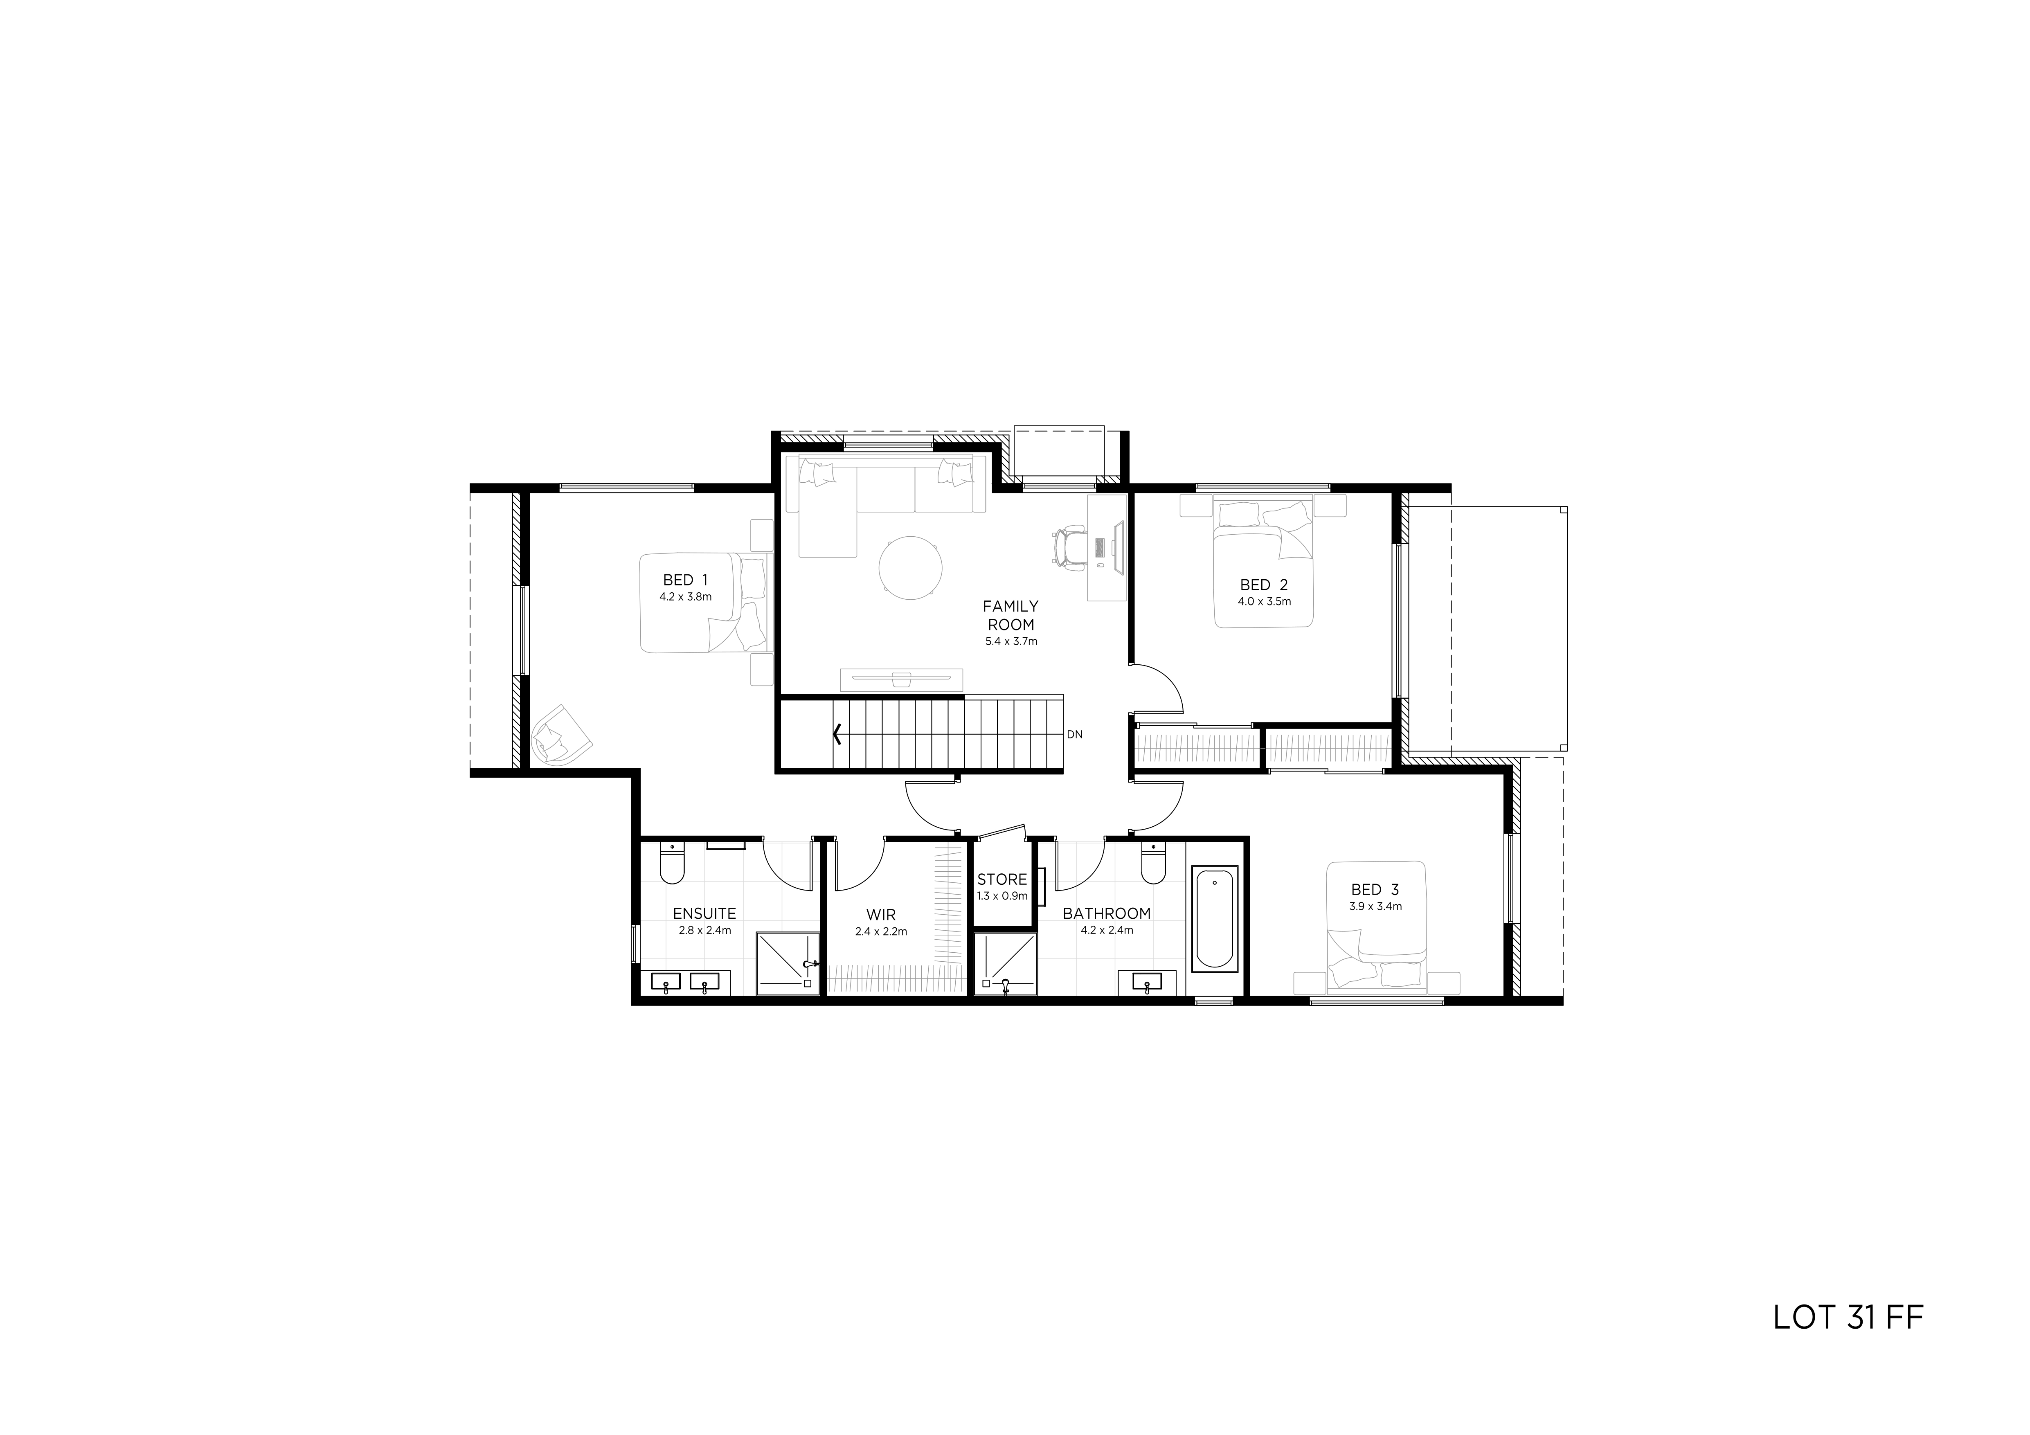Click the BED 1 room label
click(x=685, y=580)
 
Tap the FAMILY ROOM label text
click(x=1010, y=615)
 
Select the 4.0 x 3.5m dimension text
click(x=1264, y=601)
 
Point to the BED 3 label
click(x=1375, y=889)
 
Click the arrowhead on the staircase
click(x=836, y=734)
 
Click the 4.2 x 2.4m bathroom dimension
click(x=1107, y=930)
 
